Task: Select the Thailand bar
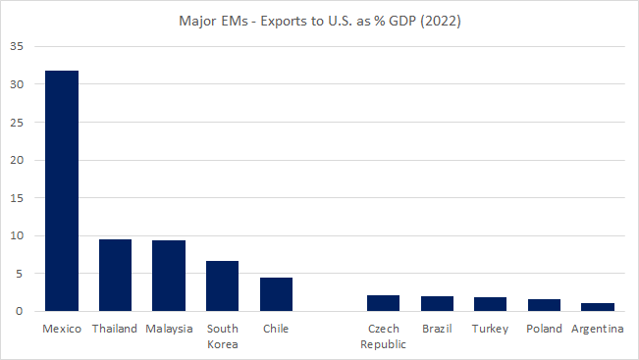[x=115, y=276]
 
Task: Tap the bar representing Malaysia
[x=169, y=276]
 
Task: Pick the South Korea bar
[x=222, y=286]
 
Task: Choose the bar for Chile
[x=276, y=294]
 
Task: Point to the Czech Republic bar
[x=382, y=303]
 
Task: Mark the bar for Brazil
[x=436, y=304]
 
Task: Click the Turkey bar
[x=489, y=304]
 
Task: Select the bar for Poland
[x=543, y=305]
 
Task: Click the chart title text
[x=320, y=20]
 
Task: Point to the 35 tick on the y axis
[x=18, y=46]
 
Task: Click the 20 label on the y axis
[x=18, y=160]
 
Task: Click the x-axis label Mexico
[x=62, y=329]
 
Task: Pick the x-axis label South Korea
[x=222, y=335]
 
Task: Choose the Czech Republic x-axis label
[x=382, y=335]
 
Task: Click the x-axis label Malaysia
[x=169, y=329]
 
